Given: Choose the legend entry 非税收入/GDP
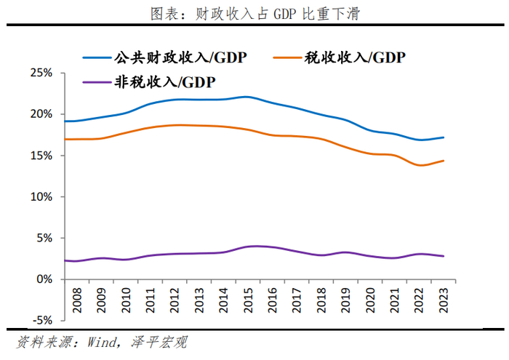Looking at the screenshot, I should pos(167,81).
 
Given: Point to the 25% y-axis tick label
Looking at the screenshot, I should pos(41,73).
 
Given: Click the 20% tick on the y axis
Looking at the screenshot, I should pos(41,114).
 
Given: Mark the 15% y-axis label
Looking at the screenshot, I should pos(41,156).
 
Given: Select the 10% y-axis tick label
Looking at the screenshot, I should pos(41,196).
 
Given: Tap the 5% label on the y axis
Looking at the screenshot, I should pos(44,238).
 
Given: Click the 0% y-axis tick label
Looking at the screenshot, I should pos(44,279).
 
